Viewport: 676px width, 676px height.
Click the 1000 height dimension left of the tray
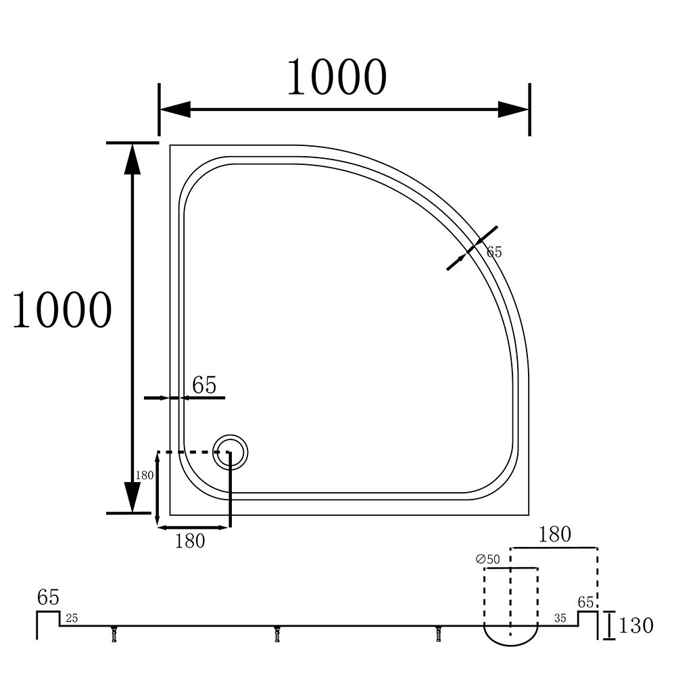tap(62, 310)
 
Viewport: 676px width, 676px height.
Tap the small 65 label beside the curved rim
tap(494, 252)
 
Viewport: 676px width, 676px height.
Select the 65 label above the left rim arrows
tap(204, 385)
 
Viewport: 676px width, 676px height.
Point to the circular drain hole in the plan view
tap(230, 452)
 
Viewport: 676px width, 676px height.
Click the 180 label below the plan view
tap(190, 541)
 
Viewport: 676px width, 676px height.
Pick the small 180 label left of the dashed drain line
tap(145, 475)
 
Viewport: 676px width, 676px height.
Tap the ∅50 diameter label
tap(487, 559)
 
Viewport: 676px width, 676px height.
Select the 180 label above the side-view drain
tap(554, 535)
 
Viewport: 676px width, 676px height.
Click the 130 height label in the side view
tap(635, 625)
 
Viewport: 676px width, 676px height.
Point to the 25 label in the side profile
tap(71, 619)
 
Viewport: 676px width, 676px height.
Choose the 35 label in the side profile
tap(560, 619)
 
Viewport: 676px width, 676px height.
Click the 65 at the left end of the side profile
tap(48, 598)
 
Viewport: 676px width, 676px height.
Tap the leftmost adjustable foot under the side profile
tap(114, 635)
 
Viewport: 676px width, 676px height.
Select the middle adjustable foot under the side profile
tap(276, 635)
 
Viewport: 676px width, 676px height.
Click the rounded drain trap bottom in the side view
tap(511, 635)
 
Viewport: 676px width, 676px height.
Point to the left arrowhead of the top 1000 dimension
tap(174, 110)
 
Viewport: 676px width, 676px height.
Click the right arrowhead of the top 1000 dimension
tap(513, 110)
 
